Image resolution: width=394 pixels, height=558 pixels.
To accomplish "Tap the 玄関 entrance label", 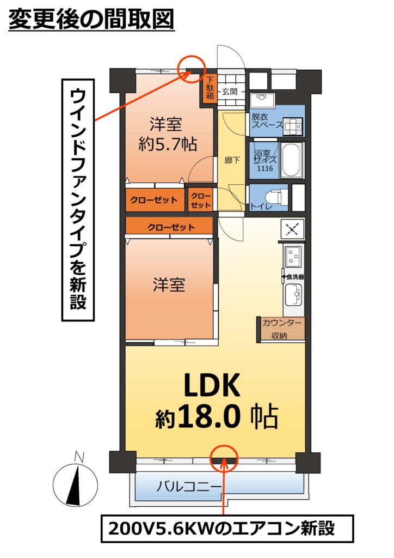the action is [230, 92].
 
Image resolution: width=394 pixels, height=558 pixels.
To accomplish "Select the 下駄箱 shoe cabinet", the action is [210, 88].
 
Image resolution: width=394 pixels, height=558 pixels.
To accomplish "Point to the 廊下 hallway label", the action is [232, 160].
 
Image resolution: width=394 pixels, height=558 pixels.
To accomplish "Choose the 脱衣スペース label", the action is [267, 120].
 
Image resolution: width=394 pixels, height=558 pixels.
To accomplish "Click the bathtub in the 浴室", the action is [292, 160].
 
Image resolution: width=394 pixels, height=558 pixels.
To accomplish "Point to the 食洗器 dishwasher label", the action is [295, 277].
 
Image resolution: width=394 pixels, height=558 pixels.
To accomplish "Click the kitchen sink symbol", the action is [293, 294].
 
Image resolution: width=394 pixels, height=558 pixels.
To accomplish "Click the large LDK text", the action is [212, 385].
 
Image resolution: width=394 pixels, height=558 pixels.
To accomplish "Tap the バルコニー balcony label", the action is [189, 486].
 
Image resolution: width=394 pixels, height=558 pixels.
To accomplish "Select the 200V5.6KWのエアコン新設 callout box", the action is [227, 528].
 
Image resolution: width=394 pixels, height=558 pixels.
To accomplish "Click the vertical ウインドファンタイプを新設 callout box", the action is [78, 200].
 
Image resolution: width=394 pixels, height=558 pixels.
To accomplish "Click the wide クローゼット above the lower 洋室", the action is [169, 227].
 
